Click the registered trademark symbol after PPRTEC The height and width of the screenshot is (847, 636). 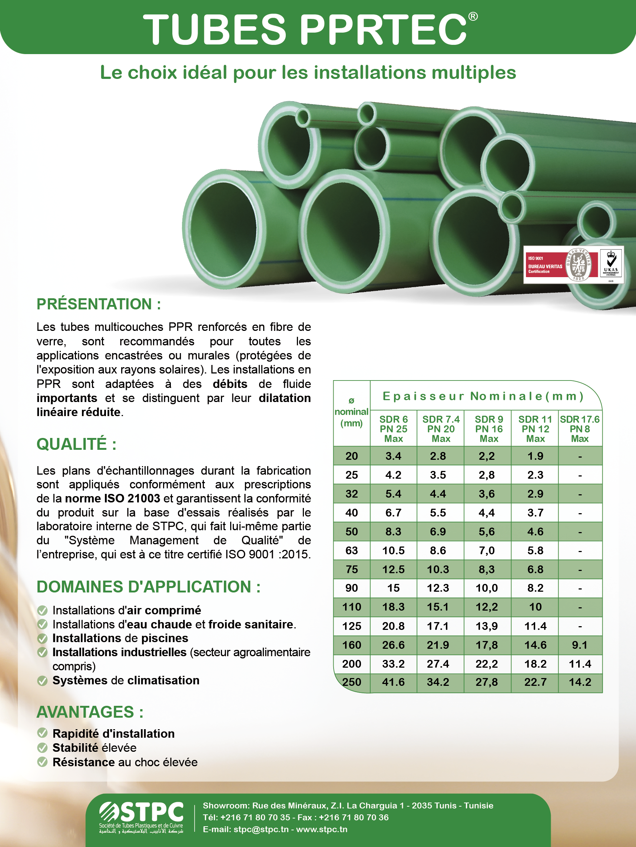click(473, 16)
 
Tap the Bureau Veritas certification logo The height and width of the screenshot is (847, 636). click(560, 265)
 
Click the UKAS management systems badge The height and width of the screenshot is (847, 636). click(611, 264)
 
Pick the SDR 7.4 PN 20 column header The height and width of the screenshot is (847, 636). click(441, 429)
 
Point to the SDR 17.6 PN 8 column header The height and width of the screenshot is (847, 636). click(580, 429)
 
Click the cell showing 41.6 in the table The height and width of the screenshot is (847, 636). click(394, 682)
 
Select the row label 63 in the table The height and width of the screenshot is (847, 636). click(351, 550)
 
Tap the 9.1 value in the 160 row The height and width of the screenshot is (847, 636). click(580, 645)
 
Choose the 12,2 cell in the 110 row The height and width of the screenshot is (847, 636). click(487, 607)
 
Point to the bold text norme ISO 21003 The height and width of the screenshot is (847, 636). click(112, 499)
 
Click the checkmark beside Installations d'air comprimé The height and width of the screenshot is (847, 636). click(42, 610)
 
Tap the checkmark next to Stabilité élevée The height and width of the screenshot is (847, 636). click(42, 747)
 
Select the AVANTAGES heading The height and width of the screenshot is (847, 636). click(90, 712)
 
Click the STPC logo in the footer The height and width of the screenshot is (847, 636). click(141, 817)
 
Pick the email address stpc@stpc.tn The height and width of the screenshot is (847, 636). click(261, 829)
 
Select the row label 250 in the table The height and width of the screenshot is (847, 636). click(351, 682)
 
